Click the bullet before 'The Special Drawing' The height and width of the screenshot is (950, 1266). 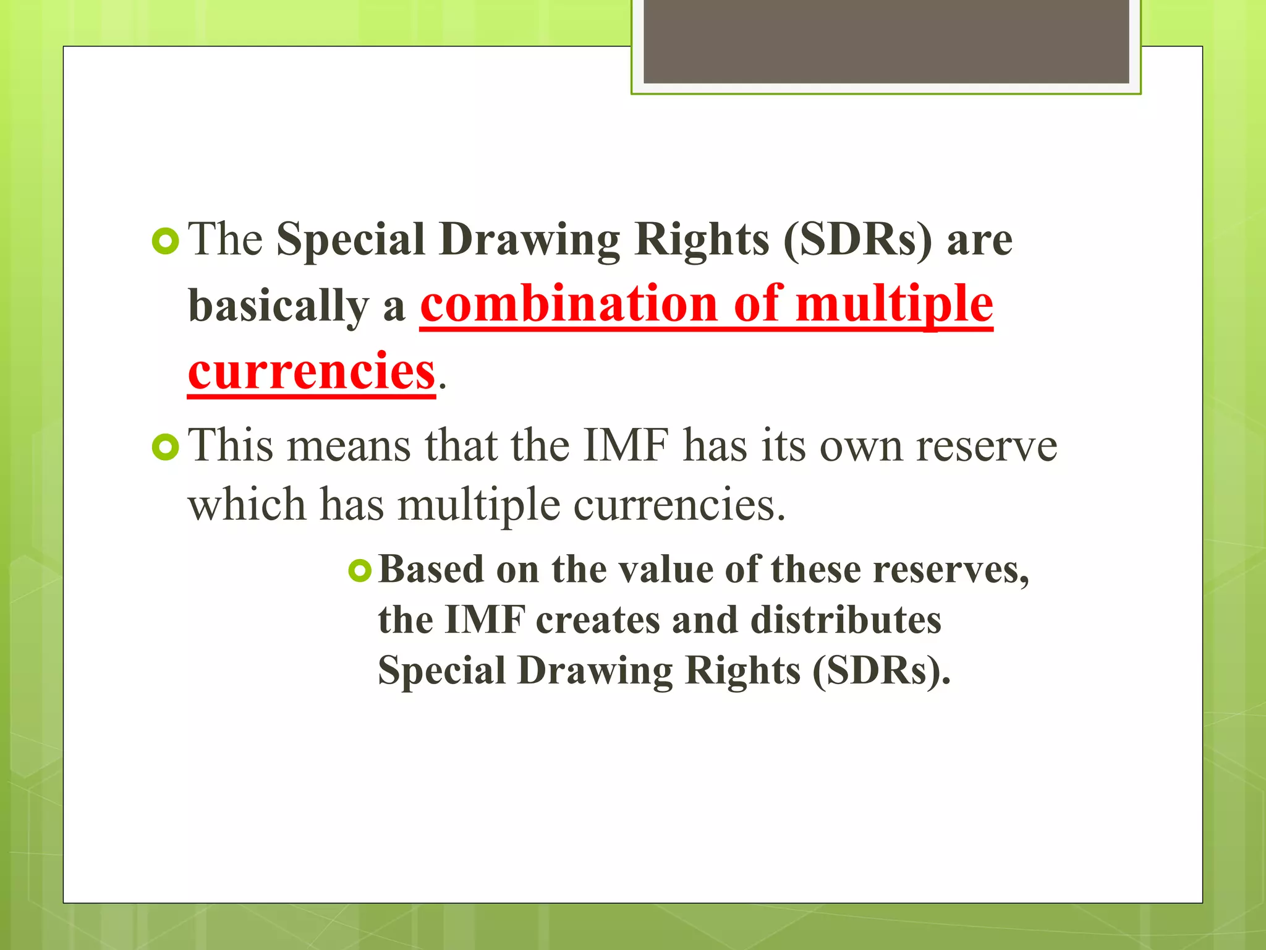pos(165,241)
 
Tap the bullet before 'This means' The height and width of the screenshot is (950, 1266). pos(165,447)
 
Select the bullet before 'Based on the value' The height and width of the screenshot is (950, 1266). pos(360,570)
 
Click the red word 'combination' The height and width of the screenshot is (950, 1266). pos(569,304)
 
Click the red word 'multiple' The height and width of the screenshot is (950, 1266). pos(894,304)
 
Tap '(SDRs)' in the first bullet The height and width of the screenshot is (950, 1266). pos(857,240)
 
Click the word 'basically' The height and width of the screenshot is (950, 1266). pos(278,307)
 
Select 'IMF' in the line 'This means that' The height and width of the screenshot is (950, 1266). pos(626,445)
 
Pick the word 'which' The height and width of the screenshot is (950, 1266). pos(247,505)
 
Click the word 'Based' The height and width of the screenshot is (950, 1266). pos(431,570)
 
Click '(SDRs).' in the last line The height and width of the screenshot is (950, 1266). pos(882,671)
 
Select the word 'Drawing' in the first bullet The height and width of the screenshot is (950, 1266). pos(530,240)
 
